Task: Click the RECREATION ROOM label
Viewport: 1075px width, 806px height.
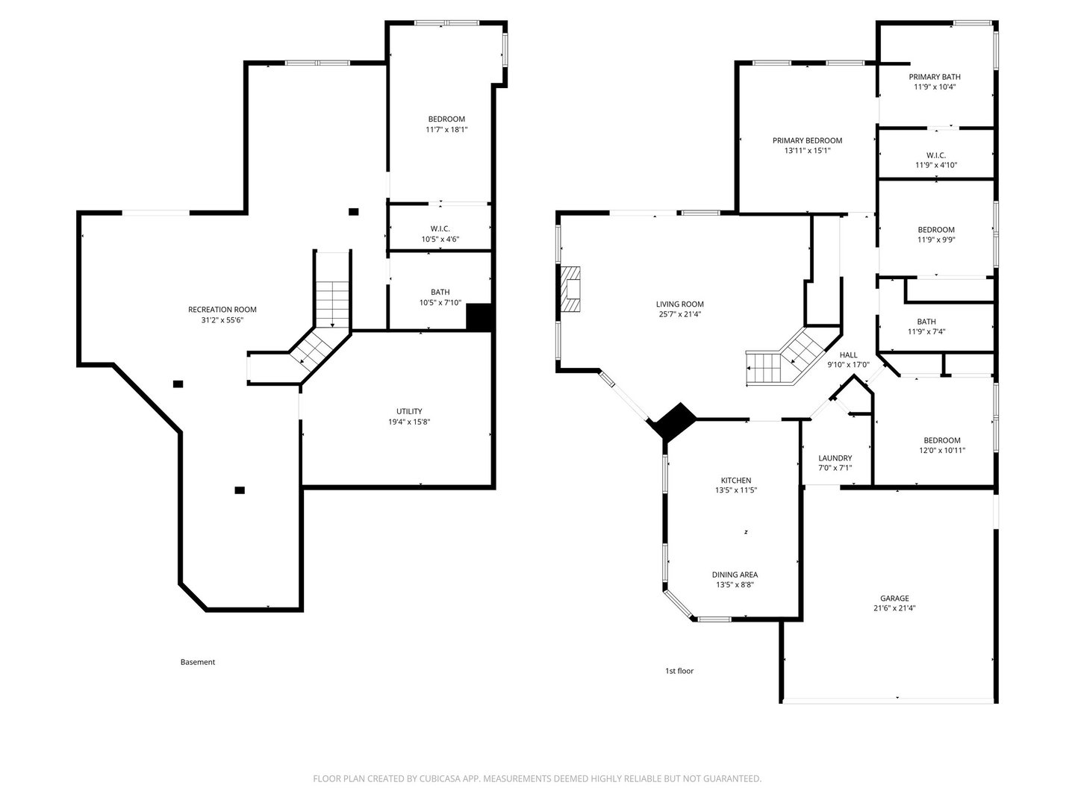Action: click(222, 310)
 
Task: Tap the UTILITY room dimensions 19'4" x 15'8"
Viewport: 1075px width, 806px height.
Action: click(409, 422)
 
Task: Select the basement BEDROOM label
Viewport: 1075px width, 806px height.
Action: click(446, 119)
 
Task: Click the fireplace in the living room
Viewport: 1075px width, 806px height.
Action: click(570, 290)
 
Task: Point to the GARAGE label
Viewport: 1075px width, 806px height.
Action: click(894, 598)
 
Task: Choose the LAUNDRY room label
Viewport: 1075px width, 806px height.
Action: click(835, 458)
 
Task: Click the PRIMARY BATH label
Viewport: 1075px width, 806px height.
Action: click(935, 77)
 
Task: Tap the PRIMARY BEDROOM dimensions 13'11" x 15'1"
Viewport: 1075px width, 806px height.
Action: click(807, 151)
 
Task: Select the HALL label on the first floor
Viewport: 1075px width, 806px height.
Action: click(848, 354)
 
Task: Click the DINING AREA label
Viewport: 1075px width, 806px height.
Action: click(735, 575)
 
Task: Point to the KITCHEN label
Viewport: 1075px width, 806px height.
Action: click(735, 481)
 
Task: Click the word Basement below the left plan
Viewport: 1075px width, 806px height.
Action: click(198, 662)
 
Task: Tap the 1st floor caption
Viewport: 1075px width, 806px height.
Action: click(679, 671)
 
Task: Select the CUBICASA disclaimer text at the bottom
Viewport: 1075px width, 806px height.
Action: click(537, 778)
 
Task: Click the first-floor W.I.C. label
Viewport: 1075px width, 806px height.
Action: click(936, 155)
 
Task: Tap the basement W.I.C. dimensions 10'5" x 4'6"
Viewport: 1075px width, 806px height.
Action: click(440, 240)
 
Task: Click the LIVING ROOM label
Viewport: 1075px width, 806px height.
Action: click(680, 304)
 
